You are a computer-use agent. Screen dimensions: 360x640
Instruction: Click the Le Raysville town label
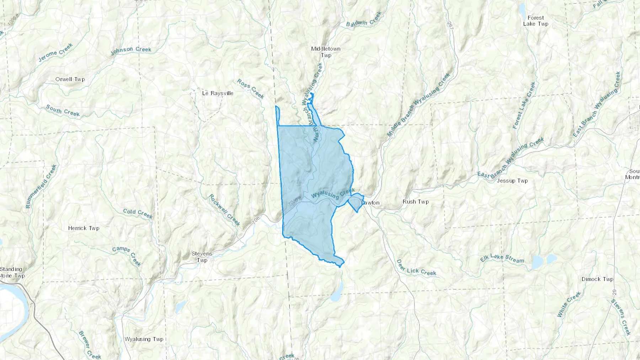pos(218,93)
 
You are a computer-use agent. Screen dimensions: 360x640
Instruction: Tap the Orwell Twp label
pos(70,79)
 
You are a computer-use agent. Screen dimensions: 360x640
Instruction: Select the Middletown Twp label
pos(326,52)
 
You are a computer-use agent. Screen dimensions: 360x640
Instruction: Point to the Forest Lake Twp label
pos(535,21)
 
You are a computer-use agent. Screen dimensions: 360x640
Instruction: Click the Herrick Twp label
pos(84,228)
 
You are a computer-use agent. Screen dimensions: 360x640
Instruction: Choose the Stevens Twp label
pos(202,257)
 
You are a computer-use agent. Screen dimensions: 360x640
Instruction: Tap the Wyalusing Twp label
pos(144,339)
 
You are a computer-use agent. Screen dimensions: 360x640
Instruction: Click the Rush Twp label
pos(415,202)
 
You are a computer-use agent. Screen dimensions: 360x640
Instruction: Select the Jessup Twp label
pos(512,181)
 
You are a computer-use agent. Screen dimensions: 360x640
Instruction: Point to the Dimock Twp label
pos(597,279)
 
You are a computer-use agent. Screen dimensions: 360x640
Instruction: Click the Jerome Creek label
pos(55,52)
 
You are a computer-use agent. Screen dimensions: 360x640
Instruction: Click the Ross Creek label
pos(251,89)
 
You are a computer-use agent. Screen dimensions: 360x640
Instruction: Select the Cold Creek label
pos(138,214)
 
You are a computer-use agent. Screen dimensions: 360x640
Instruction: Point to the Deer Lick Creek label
pos(416,268)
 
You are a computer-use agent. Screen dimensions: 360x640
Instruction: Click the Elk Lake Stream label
pos(502,258)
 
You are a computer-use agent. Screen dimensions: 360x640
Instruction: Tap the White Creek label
pos(569,304)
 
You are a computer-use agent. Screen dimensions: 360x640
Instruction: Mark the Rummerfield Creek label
pos(41,186)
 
